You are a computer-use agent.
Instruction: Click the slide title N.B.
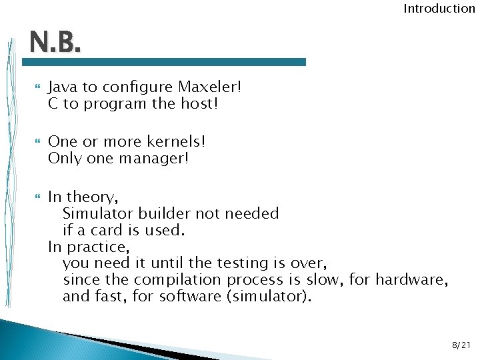(55, 45)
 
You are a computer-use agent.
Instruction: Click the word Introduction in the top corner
(439, 9)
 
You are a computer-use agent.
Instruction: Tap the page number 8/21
(461, 345)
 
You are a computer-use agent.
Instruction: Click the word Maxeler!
(209, 87)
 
